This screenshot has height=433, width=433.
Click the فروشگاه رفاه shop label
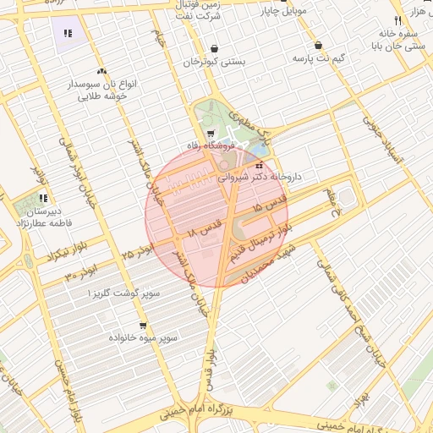pyautogui.click(x=208, y=147)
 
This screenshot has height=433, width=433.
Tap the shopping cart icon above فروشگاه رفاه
pyautogui.click(x=211, y=133)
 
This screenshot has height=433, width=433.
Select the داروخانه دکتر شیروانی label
pyautogui.click(x=259, y=178)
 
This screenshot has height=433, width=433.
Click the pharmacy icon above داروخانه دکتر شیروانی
pyautogui.click(x=259, y=165)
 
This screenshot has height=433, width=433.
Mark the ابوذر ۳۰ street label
pyautogui.click(x=81, y=272)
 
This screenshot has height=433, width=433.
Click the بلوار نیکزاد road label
pyautogui.click(x=43, y=253)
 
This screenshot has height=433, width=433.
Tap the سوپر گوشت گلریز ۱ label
pyautogui.click(x=123, y=293)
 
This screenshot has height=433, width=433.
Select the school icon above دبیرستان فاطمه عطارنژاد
pyautogui.click(x=42, y=199)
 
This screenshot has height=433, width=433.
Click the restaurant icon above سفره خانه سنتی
pyautogui.click(x=397, y=20)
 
